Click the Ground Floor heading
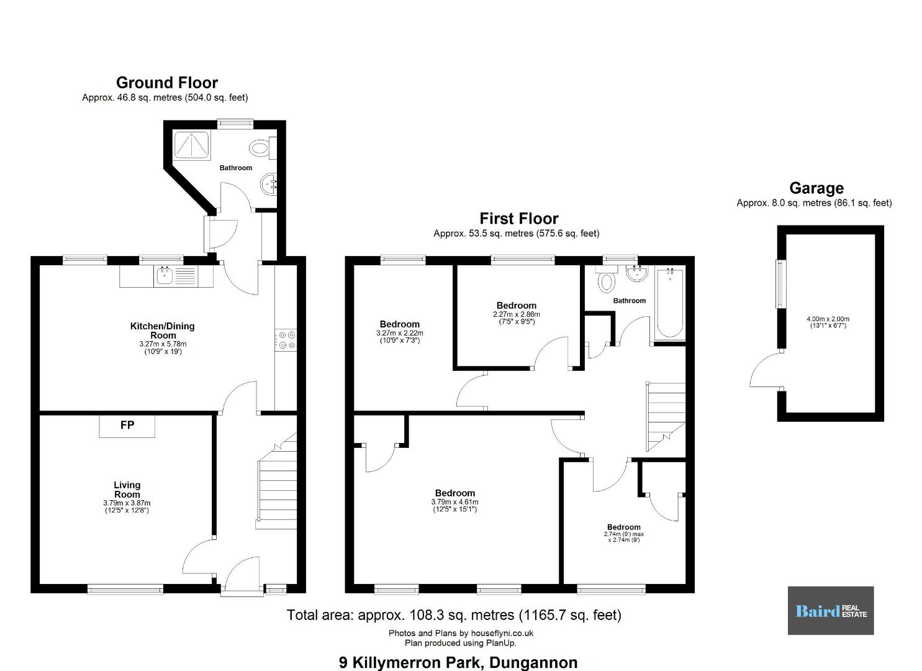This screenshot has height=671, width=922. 166,83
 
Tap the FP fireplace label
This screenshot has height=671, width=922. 127,425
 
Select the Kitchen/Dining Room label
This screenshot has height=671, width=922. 163,331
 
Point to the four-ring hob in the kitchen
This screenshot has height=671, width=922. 286,340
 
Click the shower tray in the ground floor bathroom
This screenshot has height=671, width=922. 192,145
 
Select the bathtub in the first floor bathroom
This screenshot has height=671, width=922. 670,303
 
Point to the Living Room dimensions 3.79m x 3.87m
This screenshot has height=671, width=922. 127,503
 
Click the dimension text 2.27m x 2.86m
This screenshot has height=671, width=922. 517,314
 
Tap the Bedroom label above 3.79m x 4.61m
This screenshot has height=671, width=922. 455,493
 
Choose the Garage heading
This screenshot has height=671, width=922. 816,188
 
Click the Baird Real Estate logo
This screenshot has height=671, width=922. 831,611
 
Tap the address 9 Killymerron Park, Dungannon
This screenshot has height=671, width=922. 458,662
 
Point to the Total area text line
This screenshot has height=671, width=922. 454,615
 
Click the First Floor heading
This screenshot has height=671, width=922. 519,218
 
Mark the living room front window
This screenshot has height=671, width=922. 125,590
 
